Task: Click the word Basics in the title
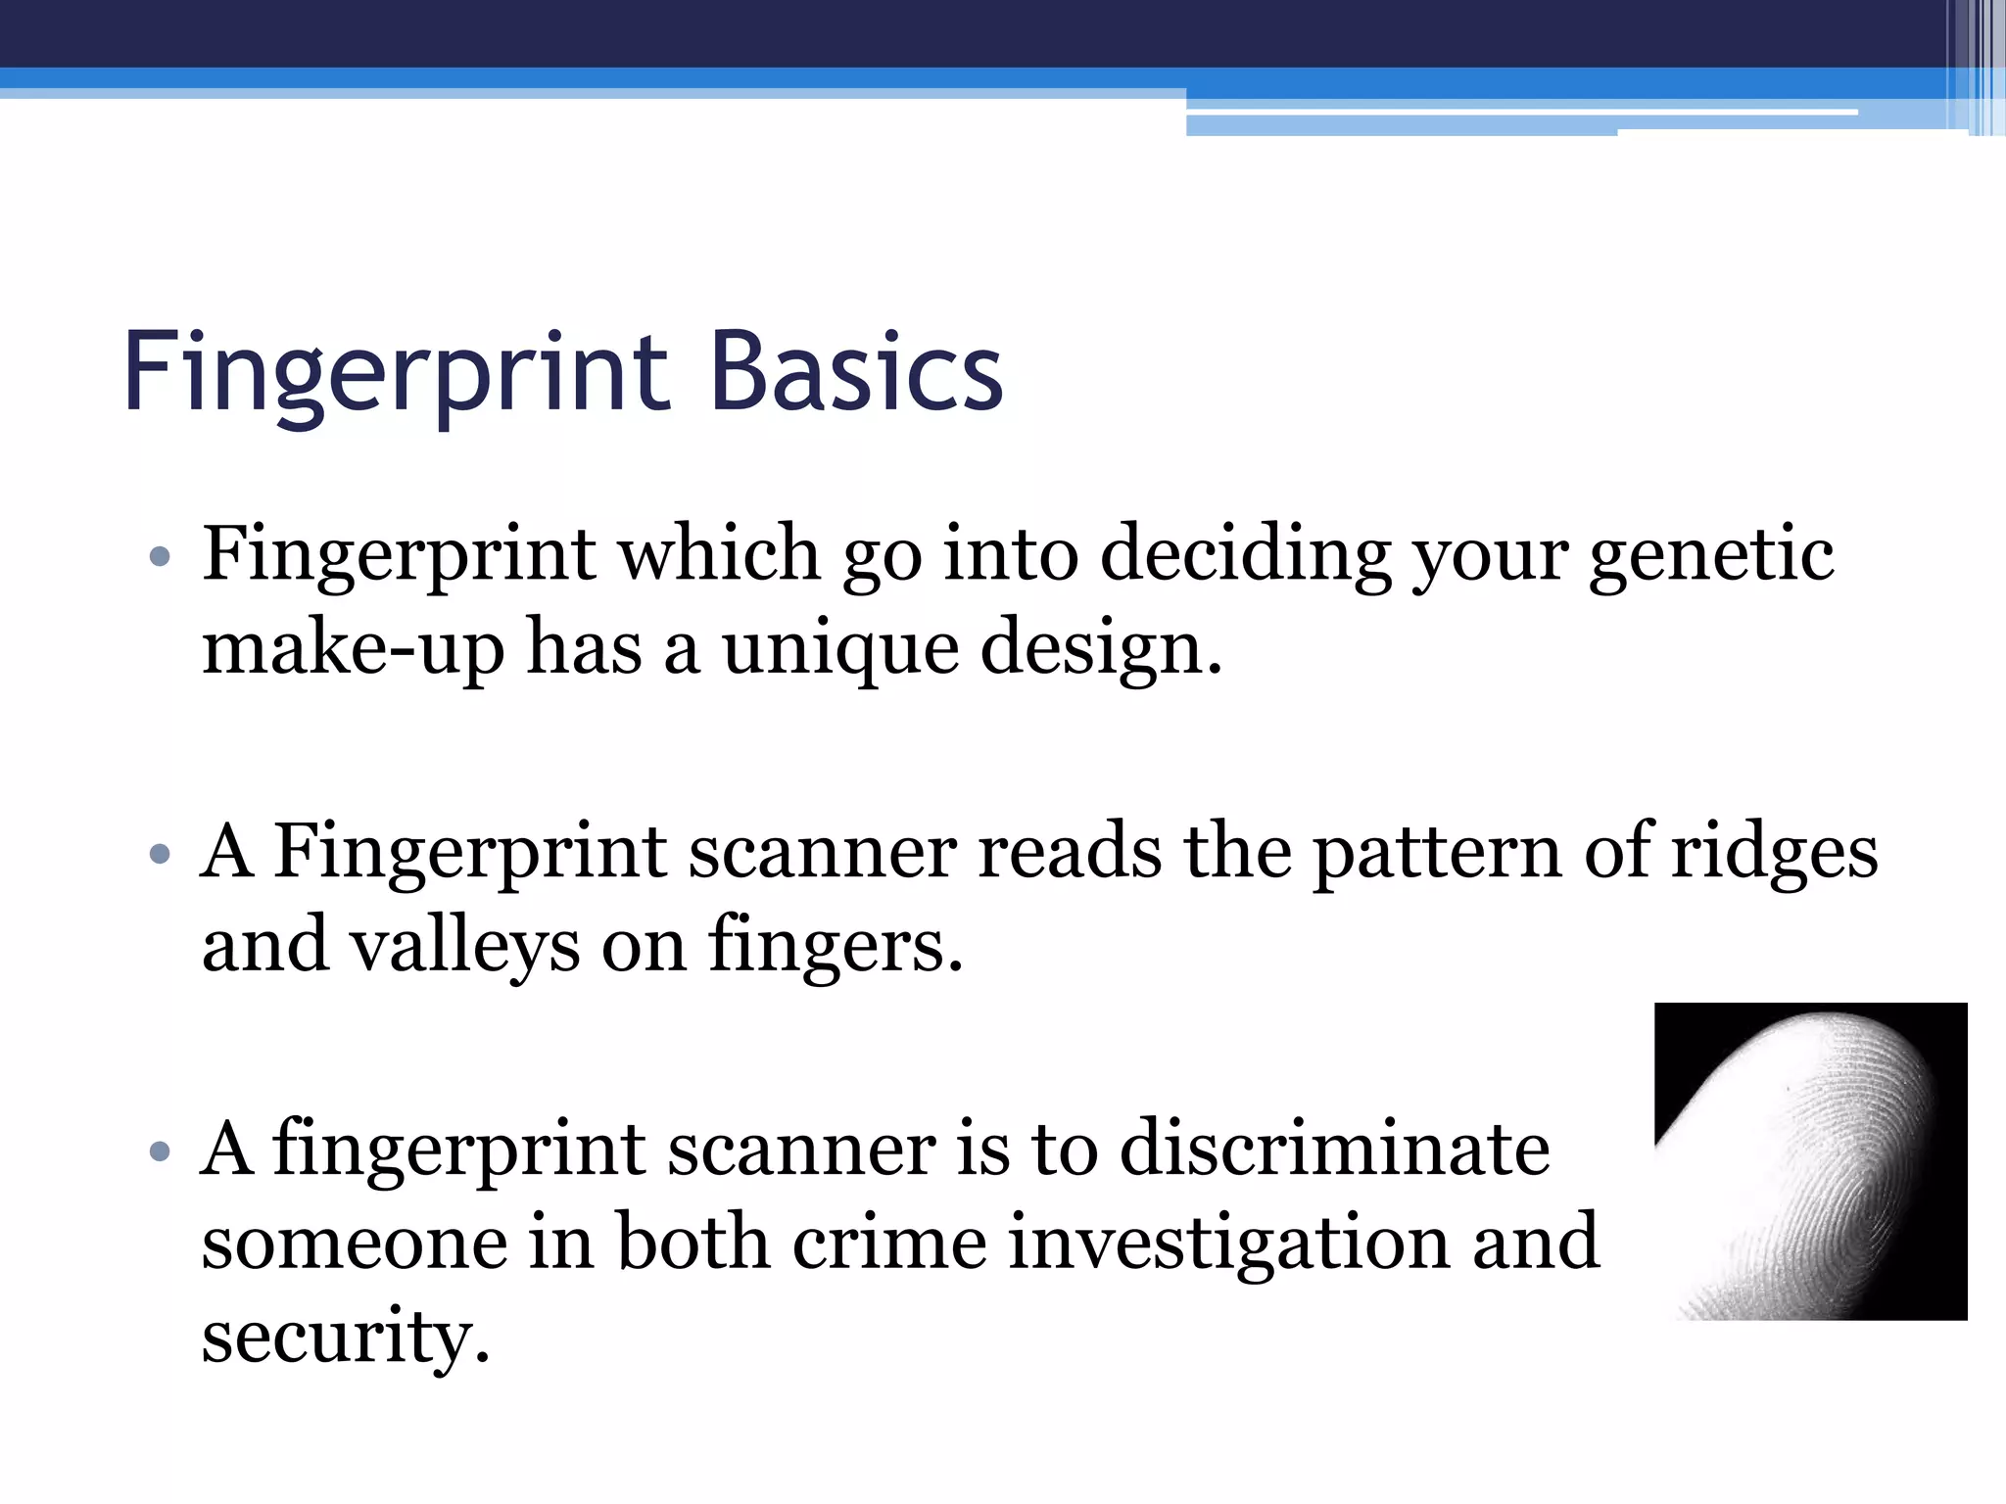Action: coord(856,372)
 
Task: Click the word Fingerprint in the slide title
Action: coord(396,372)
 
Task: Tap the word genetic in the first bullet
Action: coord(1710,554)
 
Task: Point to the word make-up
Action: coord(353,648)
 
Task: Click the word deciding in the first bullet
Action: coord(1245,554)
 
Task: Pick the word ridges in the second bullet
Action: coord(1774,851)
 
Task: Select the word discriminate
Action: coord(1334,1148)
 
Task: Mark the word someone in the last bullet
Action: coord(355,1242)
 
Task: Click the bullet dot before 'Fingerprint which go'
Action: coord(161,558)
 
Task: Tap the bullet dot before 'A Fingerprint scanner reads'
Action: coord(161,855)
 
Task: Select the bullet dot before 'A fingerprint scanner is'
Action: coord(161,1151)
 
